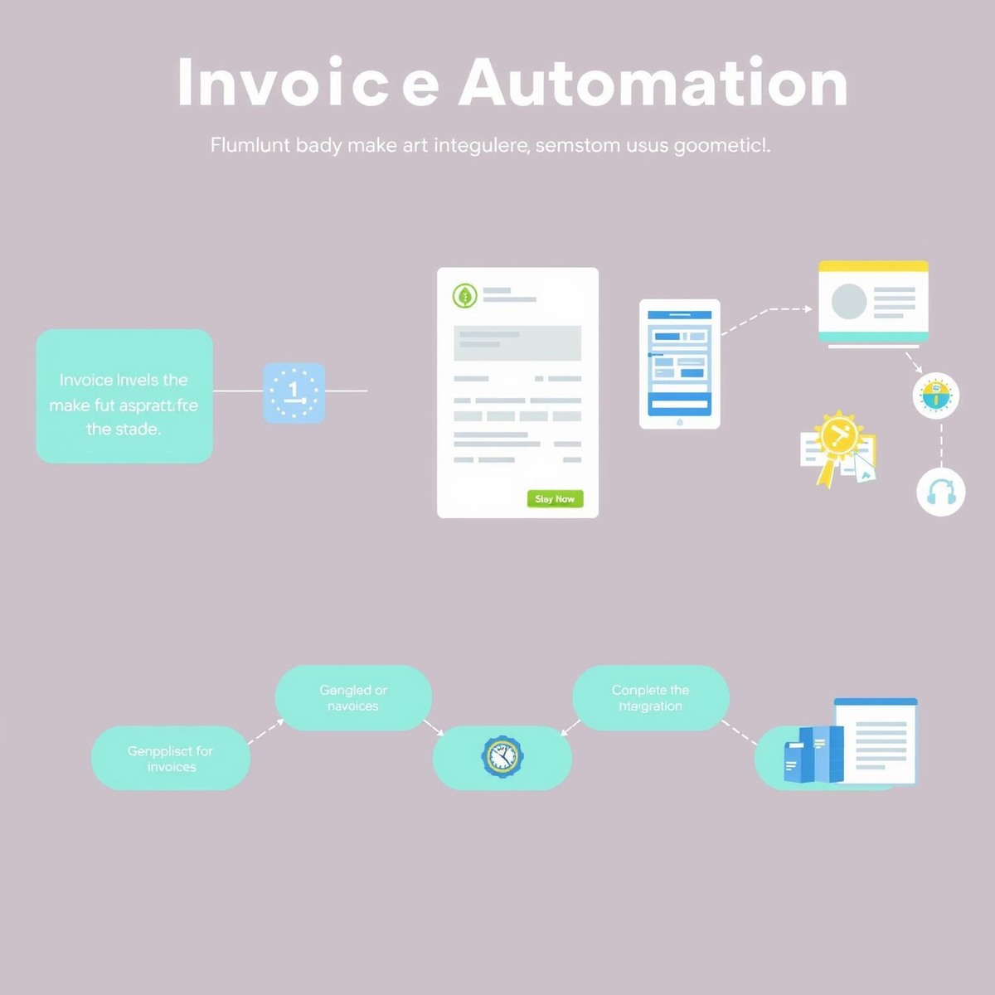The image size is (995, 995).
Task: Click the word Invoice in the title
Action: (x=308, y=83)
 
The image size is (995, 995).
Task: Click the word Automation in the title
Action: (x=653, y=83)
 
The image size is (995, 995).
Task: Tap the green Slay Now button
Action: (x=555, y=498)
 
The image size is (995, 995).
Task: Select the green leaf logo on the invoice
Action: (x=464, y=295)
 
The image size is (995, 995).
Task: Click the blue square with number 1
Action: (x=294, y=393)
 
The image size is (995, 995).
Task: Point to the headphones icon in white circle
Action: (x=941, y=492)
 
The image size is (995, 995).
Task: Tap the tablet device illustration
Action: (x=679, y=363)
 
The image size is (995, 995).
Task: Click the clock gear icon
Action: (x=502, y=756)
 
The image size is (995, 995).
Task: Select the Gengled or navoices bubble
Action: (x=353, y=697)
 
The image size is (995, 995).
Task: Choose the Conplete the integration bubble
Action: (x=651, y=697)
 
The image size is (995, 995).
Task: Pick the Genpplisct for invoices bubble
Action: (x=170, y=758)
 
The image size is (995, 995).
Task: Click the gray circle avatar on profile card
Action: (x=848, y=302)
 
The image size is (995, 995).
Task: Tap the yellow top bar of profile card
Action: (x=873, y=266)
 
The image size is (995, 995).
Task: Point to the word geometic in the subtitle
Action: (x=720, y=145)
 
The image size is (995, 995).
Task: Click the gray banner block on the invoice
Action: (x=517, y=342)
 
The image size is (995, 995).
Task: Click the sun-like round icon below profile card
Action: (x=935, y=396)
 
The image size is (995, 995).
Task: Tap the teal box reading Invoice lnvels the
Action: (x=124, y=396)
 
